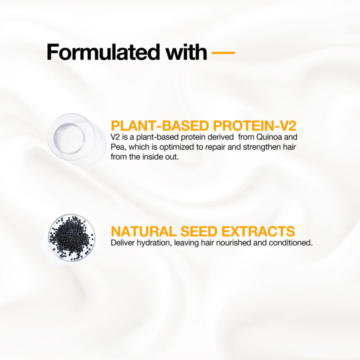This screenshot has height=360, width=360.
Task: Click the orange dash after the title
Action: [223, 51]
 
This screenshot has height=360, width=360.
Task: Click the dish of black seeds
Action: [71, 237]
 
